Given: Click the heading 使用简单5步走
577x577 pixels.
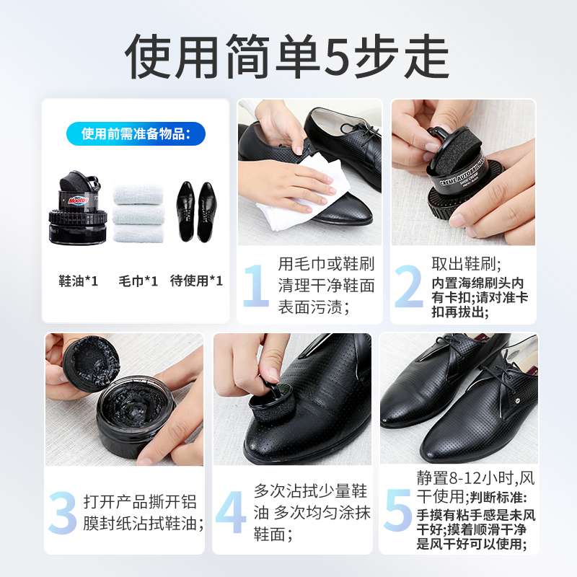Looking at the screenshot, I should pos(288,55).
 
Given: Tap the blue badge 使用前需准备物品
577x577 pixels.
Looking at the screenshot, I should pos(136,134).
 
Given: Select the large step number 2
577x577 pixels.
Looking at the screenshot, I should pos(409,286).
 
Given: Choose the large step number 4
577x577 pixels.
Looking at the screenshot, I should pos(231,514).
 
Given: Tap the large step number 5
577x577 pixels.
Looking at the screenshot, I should pos(397,511).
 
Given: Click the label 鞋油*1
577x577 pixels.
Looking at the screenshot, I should pos(78,281).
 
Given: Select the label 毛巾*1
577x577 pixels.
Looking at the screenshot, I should pos(138,281).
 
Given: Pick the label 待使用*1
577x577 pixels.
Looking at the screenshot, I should pos(196,281).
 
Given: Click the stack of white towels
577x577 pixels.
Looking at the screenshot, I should pos(138,214).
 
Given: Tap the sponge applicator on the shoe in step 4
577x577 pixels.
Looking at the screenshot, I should pos(265,408).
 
